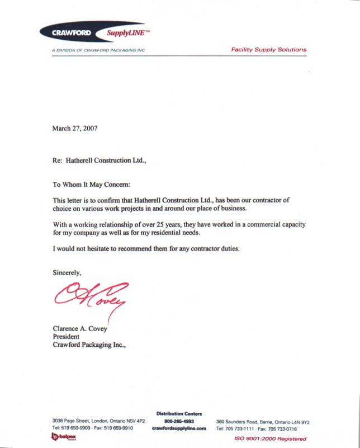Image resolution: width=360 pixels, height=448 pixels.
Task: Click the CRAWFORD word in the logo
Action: tap(68, 33)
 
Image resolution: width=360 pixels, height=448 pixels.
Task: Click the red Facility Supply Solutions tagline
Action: tap(269, 50)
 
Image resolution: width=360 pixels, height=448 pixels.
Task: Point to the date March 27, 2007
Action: tap(75, 128)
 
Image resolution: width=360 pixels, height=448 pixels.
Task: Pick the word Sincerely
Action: tap(67, 273)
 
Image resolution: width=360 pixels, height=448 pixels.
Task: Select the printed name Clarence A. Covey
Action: tap(79, 328)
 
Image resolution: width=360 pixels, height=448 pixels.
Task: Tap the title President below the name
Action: tap(67, 337)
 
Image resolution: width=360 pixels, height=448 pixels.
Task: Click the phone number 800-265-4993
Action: tap(179, 422)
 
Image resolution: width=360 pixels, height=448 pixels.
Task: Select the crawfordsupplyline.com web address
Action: tap(179, 429)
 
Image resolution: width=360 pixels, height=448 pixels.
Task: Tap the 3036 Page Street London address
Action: tap(98, 422)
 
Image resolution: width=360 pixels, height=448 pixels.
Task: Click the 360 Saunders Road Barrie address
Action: tap(263, 422)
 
